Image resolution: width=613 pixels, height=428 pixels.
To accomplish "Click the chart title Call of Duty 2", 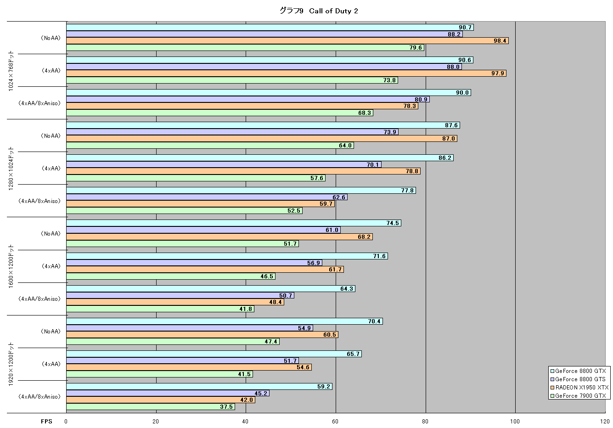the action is coord(333,11).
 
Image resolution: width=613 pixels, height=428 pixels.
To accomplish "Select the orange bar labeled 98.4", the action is coord(287,41).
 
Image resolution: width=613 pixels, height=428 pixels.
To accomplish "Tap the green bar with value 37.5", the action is coord(151,407).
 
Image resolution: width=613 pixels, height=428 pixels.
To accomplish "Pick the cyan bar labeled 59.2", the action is coord(199,386).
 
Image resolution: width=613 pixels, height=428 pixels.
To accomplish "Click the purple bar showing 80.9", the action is coord(248,99).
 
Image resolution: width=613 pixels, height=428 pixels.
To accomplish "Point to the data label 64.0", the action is coord(345,145).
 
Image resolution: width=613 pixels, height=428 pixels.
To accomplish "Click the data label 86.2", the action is coord(444,158).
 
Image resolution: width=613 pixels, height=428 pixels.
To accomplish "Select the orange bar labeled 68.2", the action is coord(219,237).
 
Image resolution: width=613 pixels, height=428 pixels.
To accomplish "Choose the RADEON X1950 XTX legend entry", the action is coord(579,388).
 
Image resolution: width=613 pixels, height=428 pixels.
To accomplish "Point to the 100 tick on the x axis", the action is coord(515,422).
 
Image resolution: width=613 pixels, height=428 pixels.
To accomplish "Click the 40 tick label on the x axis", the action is coord(245,422).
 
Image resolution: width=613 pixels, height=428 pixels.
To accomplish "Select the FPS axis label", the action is coord(46,422).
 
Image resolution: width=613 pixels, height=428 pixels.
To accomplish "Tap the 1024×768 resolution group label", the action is coord(11,71).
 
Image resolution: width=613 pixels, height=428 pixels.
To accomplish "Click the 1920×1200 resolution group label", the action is coord(11,364).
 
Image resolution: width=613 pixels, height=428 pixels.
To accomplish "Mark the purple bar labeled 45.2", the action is coord(168,393).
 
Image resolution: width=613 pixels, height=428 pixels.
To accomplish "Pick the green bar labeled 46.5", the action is coord(171,276).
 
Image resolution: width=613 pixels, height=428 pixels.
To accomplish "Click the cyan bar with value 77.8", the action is coord(241,191).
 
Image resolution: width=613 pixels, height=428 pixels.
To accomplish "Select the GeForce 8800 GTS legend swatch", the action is coord(552,379).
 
